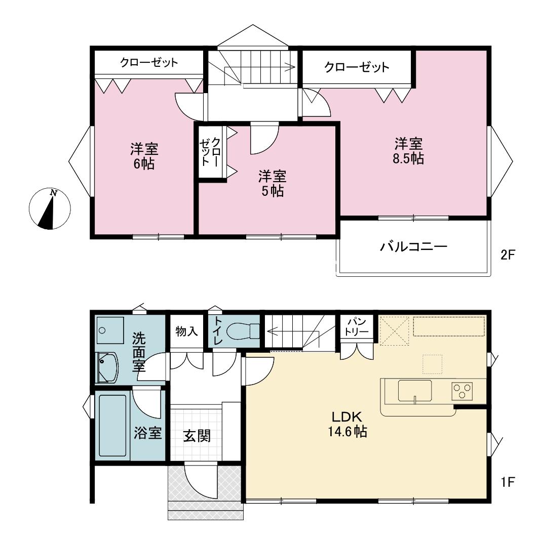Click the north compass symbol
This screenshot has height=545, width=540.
50,209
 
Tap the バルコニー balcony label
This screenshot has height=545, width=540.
413,247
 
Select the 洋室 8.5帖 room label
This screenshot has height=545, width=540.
408,151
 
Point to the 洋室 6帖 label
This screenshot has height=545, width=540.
144,156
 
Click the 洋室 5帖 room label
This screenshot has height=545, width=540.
273,184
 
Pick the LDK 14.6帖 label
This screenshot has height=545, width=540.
347,424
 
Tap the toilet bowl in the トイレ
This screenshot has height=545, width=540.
243,331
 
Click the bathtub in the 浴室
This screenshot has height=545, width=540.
112,426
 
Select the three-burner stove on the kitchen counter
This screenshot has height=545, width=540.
462,391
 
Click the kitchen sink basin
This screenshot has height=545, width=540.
415,391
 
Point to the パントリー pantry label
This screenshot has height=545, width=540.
357,326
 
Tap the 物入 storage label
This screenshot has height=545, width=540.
186,331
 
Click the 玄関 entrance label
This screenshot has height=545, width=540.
197,436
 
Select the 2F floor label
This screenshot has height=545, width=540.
507,255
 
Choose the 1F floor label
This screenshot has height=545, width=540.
507,482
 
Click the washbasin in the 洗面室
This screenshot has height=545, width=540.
107,368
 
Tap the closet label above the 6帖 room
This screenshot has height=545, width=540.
149,63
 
